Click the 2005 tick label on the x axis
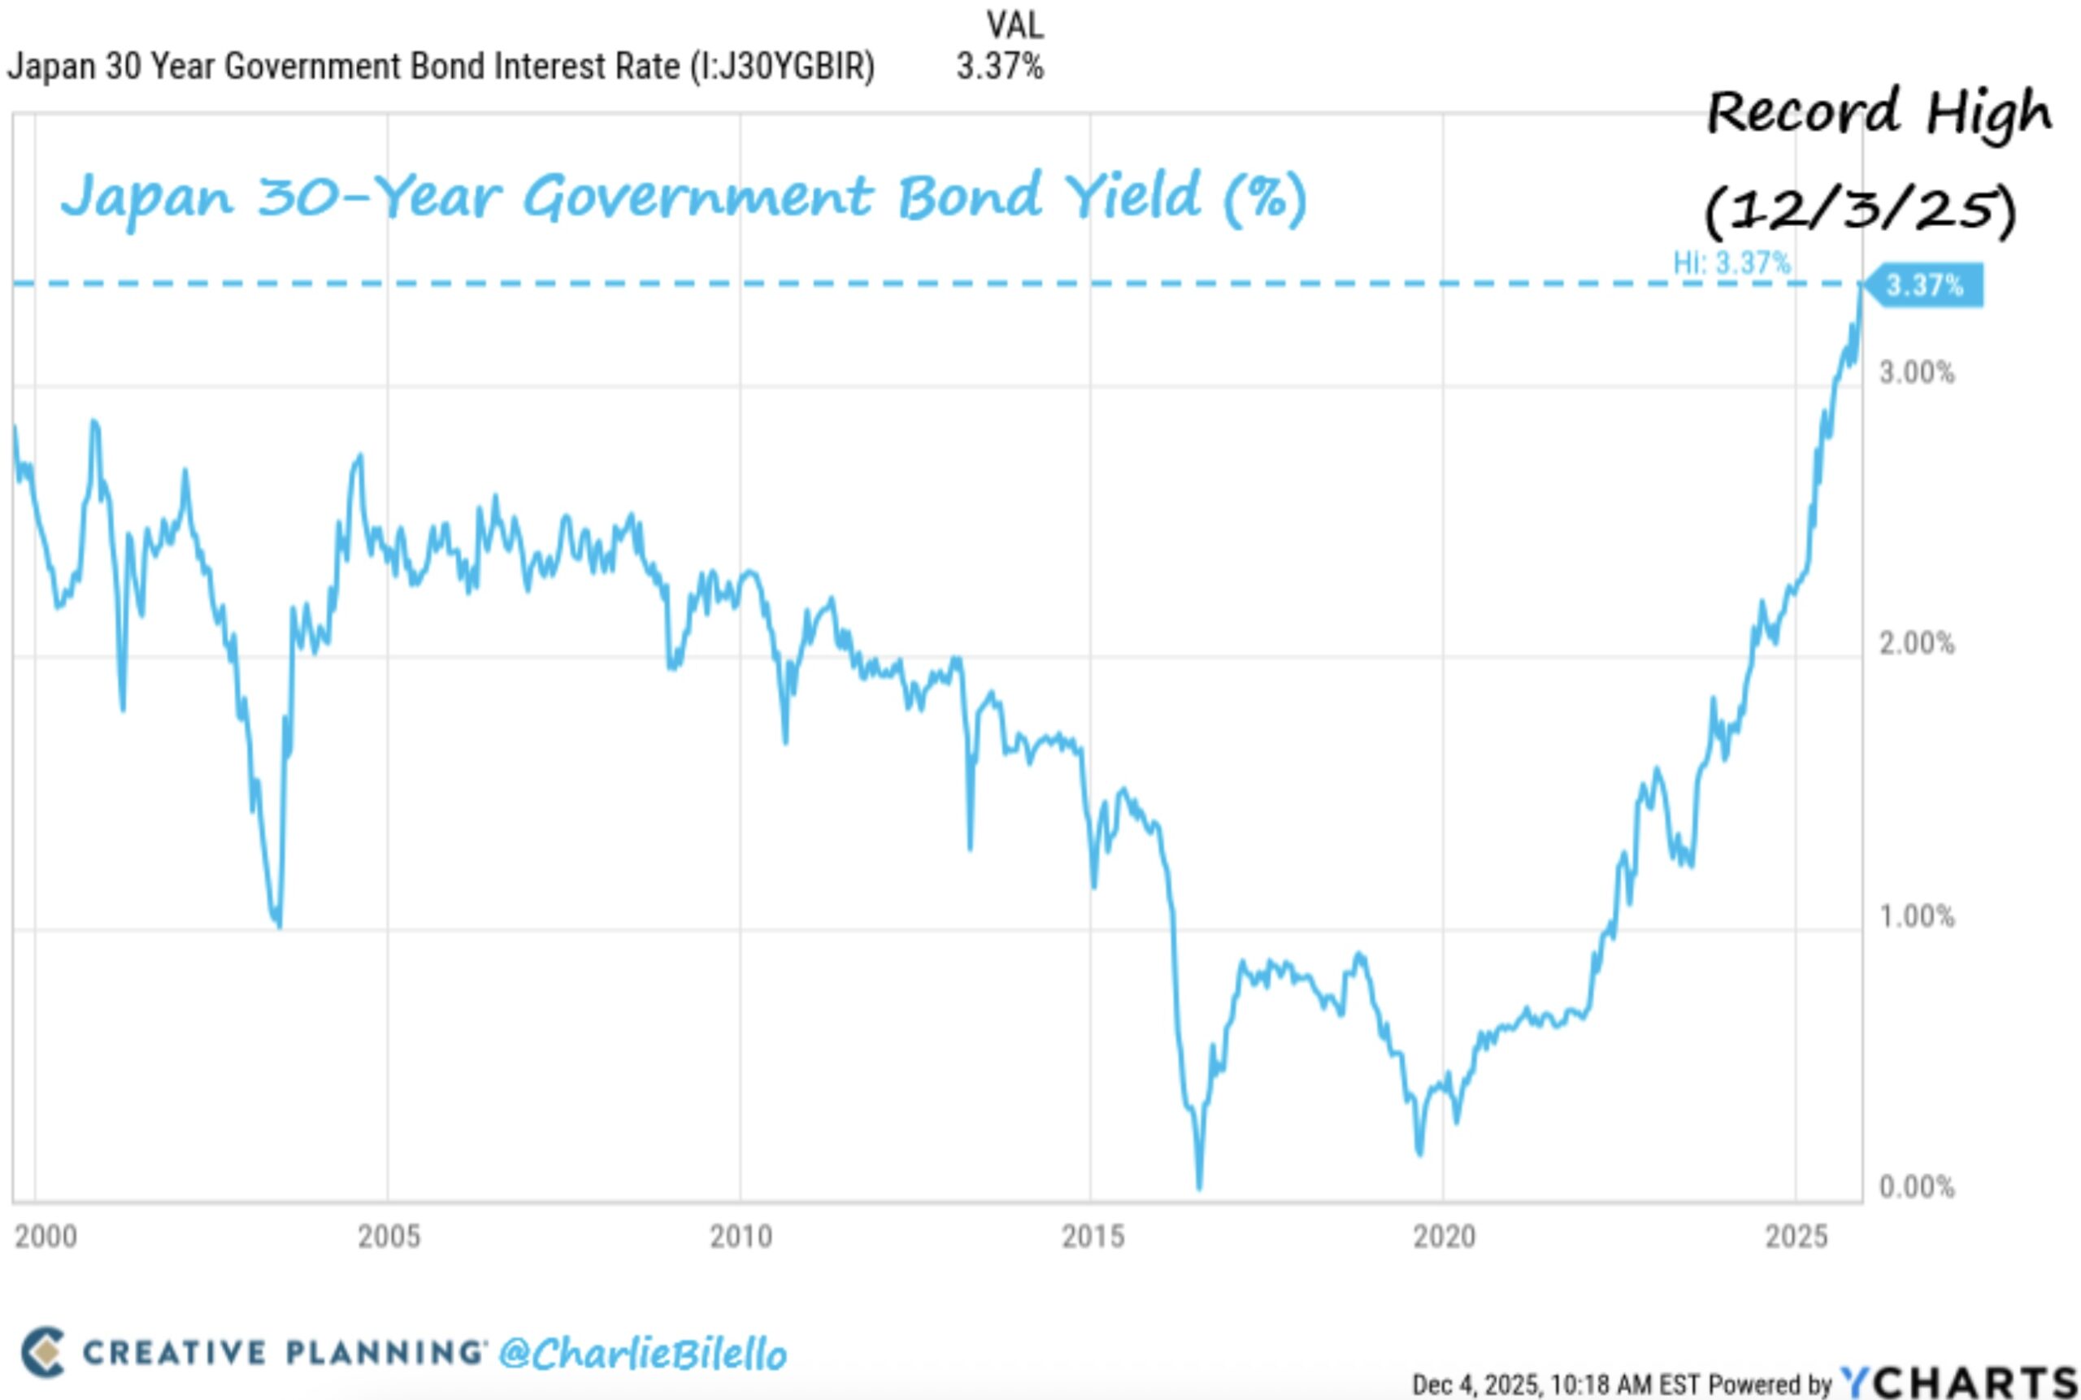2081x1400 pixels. [389, 1237]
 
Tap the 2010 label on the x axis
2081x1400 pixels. [740, 1237]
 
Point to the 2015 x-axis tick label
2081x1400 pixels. [1092, 1237]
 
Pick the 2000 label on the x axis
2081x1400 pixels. [46, 1237]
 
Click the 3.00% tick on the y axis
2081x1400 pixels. [1916, 373]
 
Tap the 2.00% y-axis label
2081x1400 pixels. [1916, 643]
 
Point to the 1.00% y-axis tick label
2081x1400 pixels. [1916, 916]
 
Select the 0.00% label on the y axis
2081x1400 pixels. [1916, 1187]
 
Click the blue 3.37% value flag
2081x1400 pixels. [1924, 285]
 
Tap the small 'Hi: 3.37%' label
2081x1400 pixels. [1731, 263]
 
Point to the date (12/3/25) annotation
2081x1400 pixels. [1860, 211]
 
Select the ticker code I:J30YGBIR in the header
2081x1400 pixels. [781, 67]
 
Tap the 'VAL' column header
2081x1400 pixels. [1014, 25]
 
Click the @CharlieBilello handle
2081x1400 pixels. [642, 1354]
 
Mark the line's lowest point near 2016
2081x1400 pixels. [1199, 1188]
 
